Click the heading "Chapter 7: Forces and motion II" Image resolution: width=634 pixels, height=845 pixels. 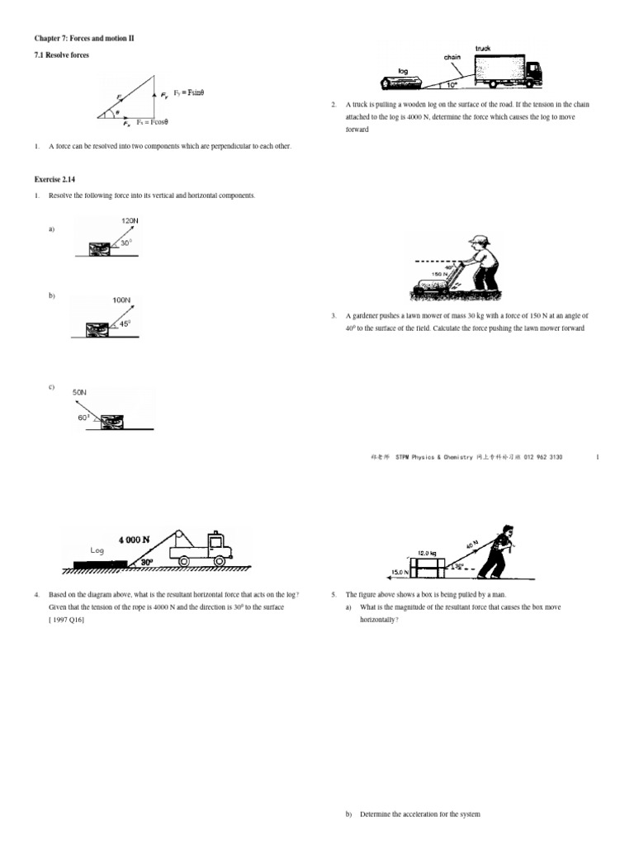[x=83, y=39]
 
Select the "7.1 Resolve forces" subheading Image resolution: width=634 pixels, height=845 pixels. [x=61, y=55]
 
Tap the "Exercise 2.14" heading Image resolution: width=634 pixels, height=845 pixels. [x=54, y=178]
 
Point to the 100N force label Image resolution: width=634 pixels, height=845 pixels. [x=121, y=300]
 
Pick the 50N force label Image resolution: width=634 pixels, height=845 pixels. [x=80, y=392]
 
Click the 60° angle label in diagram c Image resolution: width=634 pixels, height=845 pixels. [x=85, y=418]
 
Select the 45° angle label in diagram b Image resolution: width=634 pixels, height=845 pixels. [x=125, y=323]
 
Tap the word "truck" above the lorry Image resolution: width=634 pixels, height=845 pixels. [x=483, y=49]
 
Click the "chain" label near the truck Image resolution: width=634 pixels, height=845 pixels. [x=453, y=57]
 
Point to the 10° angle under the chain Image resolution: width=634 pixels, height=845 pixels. [x=452, y=83]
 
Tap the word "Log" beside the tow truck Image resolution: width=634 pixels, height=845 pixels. [x=97, y=550]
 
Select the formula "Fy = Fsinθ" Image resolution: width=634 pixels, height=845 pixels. [x=188, y=92]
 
